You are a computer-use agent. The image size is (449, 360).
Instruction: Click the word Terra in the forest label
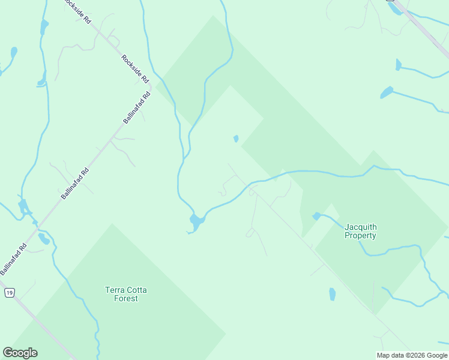tap(115, 290)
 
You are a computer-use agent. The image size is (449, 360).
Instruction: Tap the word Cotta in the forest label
tap(136, 290)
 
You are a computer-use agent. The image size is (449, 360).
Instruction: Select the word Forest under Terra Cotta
tap(126, 298)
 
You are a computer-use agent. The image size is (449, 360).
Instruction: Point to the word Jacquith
tap(360, 227)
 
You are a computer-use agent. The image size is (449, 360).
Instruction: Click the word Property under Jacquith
tap(360, 235)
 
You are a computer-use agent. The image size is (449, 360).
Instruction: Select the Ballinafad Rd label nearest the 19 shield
tap(14, 259)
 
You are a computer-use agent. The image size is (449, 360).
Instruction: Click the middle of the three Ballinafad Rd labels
tap(74, 183)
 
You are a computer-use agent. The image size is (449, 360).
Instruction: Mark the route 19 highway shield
tap(9, 293)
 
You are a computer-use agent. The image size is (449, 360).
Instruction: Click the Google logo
tap(20, 353)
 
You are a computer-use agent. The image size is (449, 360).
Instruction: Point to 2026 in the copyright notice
tap(418, 355)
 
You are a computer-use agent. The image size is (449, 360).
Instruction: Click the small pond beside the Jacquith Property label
tap(316, 216)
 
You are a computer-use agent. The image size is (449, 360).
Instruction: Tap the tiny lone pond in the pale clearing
tap(236, 139)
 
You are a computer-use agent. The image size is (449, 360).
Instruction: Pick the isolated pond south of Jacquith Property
tap(333, 294)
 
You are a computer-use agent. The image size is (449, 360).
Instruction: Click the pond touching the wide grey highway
tap(394, 9)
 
